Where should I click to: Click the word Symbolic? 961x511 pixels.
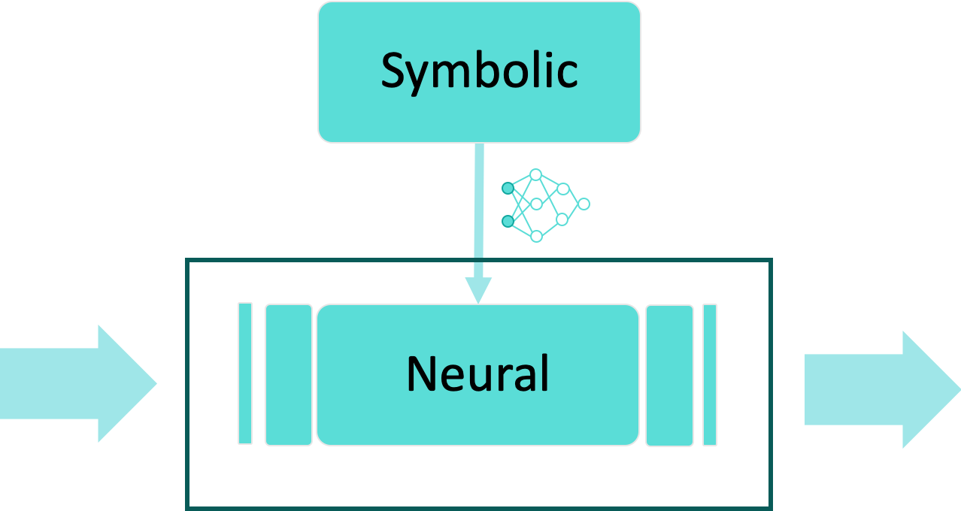(x=479, y=71)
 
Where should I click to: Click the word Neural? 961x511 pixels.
(x=477, y=373)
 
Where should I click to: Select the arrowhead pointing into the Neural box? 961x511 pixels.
(x=478, y=290)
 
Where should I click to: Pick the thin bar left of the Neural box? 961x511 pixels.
(x=245, y=373)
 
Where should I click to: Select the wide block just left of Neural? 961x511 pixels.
(x=289, y=374)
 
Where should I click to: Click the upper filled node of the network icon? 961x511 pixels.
(x=508, y=189)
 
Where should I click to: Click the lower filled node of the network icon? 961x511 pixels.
(x=508, y=221)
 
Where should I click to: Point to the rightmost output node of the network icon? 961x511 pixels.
(x=584, y=204)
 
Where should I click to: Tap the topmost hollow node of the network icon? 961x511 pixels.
(x=535, y=174)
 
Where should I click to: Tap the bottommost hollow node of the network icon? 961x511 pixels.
(x=536, y=236)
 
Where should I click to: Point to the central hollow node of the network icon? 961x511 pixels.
(x=536, y=204)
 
